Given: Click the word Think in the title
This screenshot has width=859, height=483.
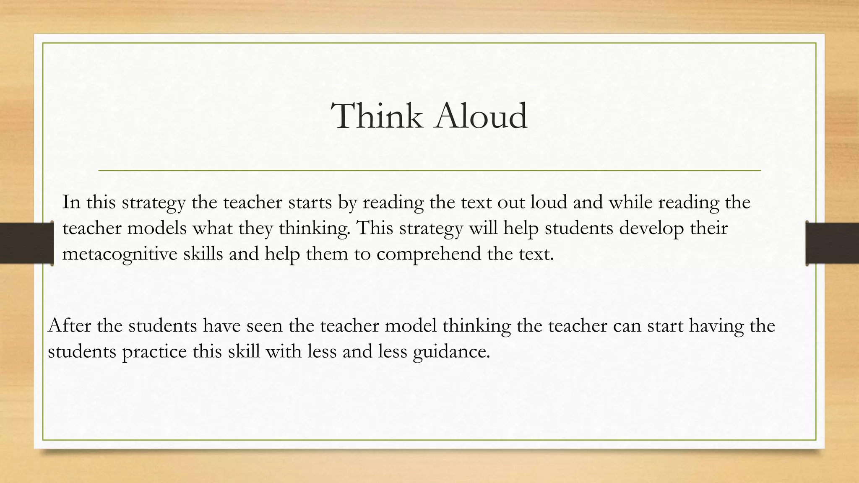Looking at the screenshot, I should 377,116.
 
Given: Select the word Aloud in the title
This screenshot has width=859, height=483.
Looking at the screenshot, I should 481,116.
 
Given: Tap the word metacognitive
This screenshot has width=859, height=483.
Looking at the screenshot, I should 120,254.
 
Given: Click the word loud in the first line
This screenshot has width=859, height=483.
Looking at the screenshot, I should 549,203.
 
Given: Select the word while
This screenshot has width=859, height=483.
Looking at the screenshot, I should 630,203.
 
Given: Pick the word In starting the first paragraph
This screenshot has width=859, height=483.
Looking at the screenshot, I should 71,203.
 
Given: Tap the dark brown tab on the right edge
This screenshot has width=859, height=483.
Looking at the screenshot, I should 832,243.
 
